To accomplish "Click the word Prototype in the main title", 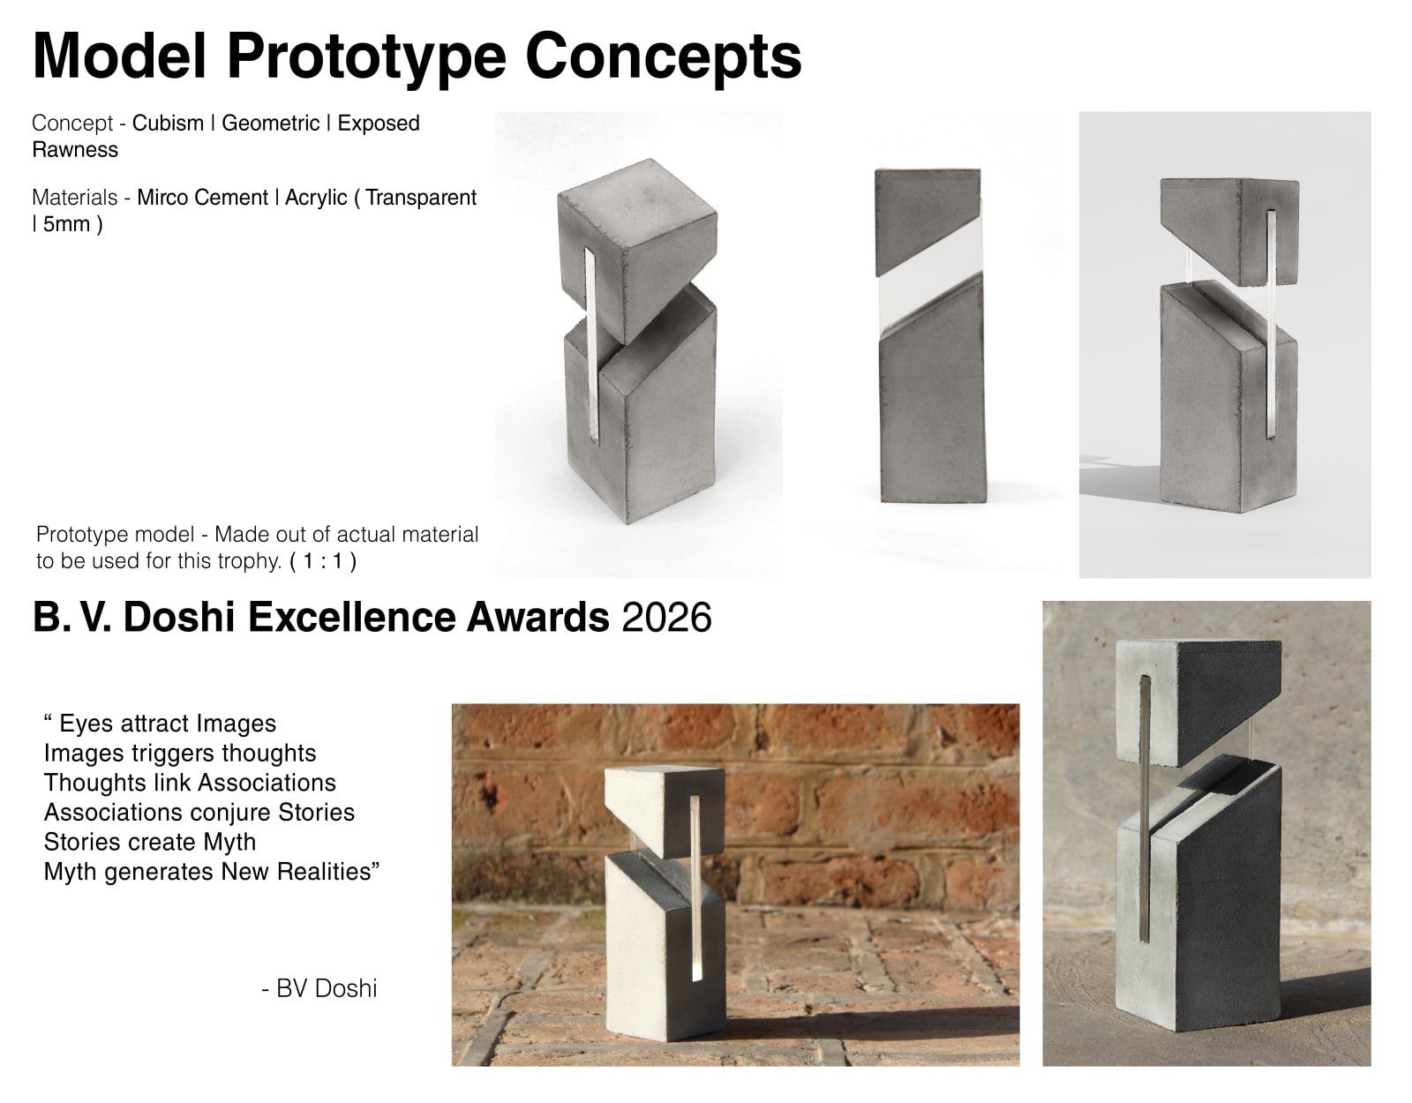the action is click(366, 57).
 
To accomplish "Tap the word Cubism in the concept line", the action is click(168, 123).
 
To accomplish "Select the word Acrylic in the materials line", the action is click(316, 197).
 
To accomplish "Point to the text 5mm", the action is click(66, 223).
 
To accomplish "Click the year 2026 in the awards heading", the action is click(666, 617).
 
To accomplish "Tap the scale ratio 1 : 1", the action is click(322, 560).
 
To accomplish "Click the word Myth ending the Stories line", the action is click(229, 842).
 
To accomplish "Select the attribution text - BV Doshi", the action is click(319, 988).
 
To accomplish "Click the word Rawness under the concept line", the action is click(75, 149).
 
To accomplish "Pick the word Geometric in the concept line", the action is click(270, 123).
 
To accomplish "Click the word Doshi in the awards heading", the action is click(178, 617).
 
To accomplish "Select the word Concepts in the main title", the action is click(664, 57).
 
